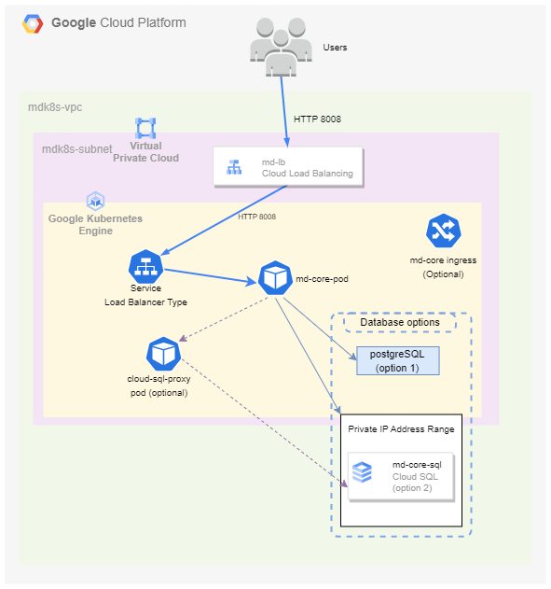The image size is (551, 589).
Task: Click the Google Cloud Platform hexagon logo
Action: tap(33, 23)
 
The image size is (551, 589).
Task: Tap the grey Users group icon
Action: tap(281, 47)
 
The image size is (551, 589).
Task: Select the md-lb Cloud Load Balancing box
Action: tap(288, 167)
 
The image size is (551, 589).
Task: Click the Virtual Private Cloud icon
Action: tap(145, 128)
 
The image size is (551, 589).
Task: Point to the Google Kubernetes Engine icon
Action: tap(96, 201)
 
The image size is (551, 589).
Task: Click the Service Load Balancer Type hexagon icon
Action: tap(145, 266)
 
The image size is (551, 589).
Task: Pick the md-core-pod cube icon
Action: tap(275, 278)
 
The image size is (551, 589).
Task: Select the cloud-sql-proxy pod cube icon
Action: tap(163, 354)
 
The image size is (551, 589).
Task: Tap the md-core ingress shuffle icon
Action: tap(444, 231)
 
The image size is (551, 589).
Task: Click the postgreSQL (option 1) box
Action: tap(397, 360)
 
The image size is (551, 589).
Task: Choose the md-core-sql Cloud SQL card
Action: tap(401, 477)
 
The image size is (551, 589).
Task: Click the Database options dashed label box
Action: tap(400, 322)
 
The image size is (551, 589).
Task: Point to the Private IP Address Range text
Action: tap(401, 429)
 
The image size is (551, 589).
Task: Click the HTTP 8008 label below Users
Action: tap(317, 119)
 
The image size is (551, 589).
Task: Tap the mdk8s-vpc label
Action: tap(55, 107)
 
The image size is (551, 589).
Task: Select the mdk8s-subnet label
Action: tap(76, 149)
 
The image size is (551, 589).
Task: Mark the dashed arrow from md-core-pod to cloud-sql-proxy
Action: tap(223, 319)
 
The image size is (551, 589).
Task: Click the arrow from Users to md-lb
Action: tap(284, 112)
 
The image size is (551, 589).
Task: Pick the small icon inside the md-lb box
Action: tap(234, 167)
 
